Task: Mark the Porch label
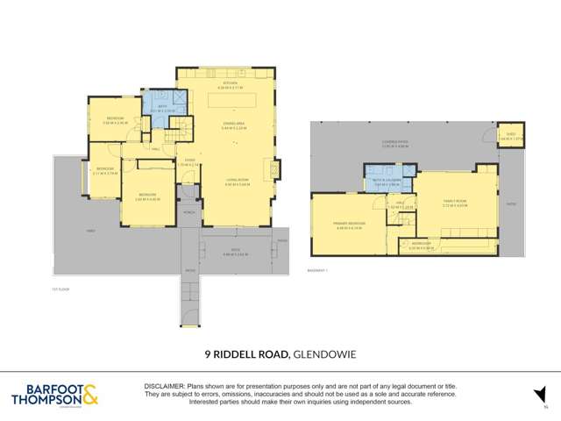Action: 188,212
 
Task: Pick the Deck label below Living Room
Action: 235,253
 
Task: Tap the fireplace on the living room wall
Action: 280,168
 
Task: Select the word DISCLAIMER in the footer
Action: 164,387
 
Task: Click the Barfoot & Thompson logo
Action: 54,396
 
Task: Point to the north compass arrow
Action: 541,396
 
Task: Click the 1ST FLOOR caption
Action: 60,288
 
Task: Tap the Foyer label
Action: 190,162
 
